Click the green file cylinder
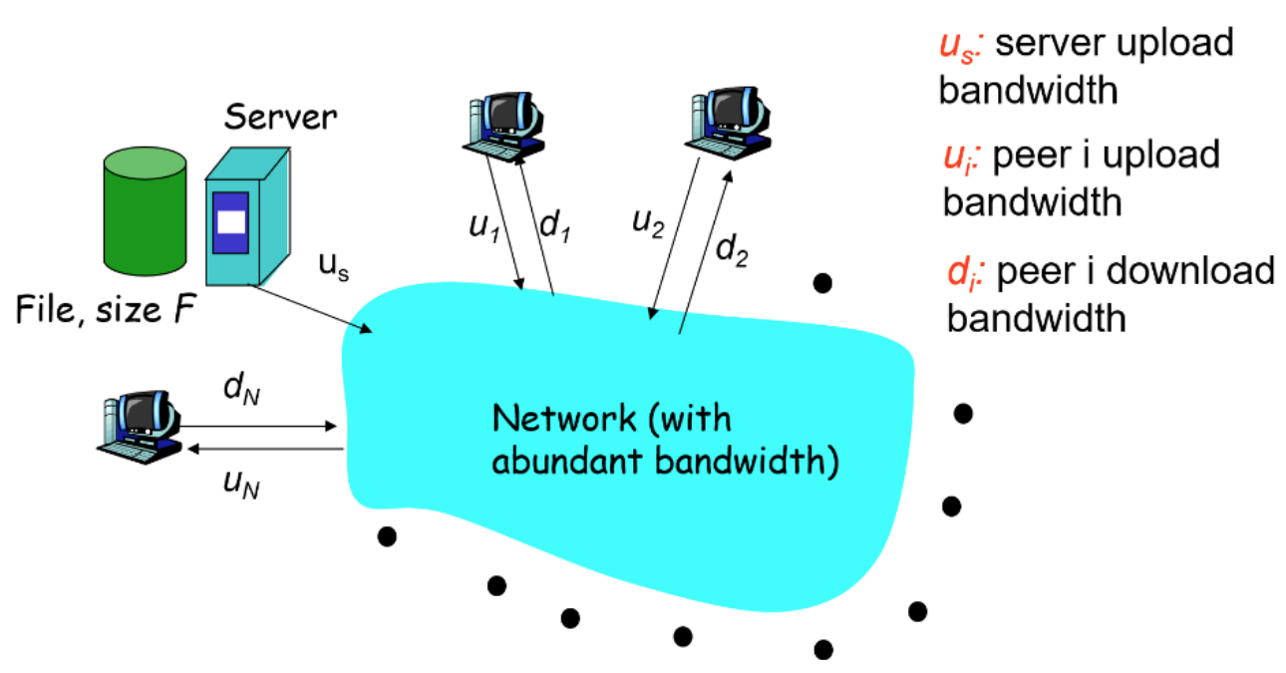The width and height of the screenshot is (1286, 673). (144, 213)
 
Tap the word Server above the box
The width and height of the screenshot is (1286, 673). (280, 117)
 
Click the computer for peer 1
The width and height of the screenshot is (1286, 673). (503, 124)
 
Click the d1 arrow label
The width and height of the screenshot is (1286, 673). (554, 225)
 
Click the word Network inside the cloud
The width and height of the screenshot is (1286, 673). (563, 417)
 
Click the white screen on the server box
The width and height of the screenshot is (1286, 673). (231, 221)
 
